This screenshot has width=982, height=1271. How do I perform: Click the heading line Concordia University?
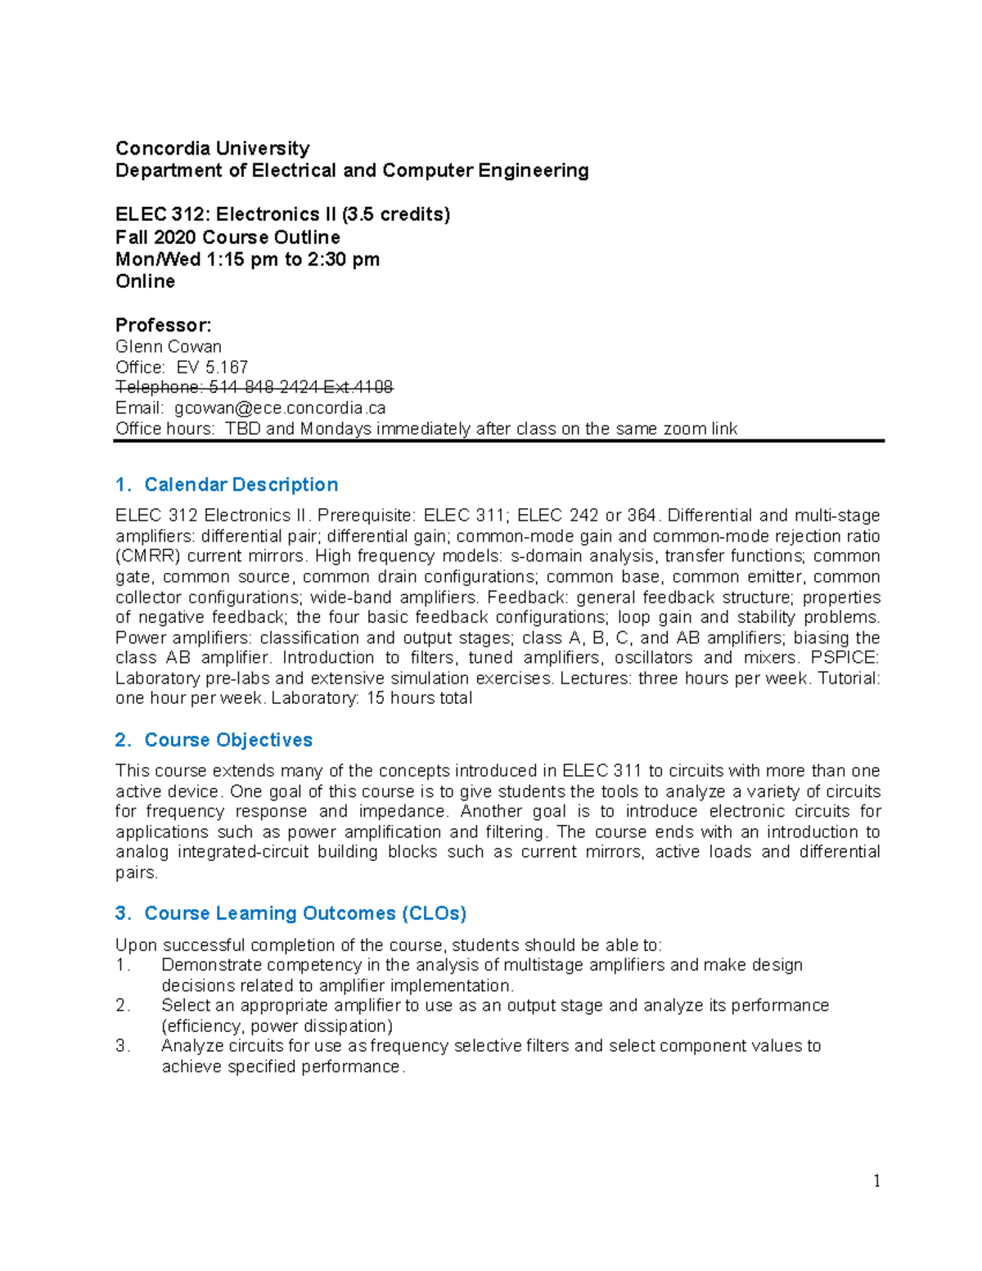[x=212, y=148]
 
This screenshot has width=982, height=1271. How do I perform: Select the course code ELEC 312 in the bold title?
[x=161, y=214]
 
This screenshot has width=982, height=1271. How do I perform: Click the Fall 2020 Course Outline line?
[x=227, y=237]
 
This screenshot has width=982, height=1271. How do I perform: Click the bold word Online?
[x=145, y=282]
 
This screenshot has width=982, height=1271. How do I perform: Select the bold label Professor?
[x=163, y=325]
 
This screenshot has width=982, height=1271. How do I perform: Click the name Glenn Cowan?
[x=168, y=346]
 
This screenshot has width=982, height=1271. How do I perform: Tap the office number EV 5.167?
[x=212, y=367]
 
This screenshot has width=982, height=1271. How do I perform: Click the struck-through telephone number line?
[x=254, y=387]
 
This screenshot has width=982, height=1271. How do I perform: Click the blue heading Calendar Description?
[x=241, y=485]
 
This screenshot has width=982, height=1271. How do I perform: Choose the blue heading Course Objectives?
[x=228, y=740]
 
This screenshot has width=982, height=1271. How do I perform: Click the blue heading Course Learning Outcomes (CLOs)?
[x=305, y=913]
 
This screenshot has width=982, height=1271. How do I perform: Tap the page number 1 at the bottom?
[x=876, y=1180]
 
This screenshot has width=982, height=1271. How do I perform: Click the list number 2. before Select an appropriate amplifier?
[x=123, y=1006]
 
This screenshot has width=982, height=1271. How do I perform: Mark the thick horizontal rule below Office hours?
[x=498, y=441]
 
